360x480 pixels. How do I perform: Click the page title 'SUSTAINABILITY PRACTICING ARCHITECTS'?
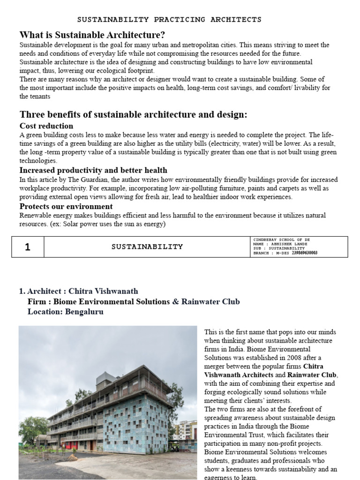(169, 20)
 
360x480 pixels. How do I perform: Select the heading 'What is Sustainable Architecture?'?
(92, 35)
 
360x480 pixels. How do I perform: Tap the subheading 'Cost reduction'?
(46, 126)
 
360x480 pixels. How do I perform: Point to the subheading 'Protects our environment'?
(66, 206)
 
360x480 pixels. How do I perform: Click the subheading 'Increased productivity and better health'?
(93, 170)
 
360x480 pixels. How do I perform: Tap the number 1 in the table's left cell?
(28, 247)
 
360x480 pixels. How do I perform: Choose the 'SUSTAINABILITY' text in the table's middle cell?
(147, 247)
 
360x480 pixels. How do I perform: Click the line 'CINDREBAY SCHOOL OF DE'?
(281, 240)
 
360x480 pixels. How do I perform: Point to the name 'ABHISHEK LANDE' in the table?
(290, 244)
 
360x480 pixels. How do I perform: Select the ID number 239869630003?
(304, 253)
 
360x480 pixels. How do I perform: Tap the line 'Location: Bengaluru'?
(66, 311)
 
